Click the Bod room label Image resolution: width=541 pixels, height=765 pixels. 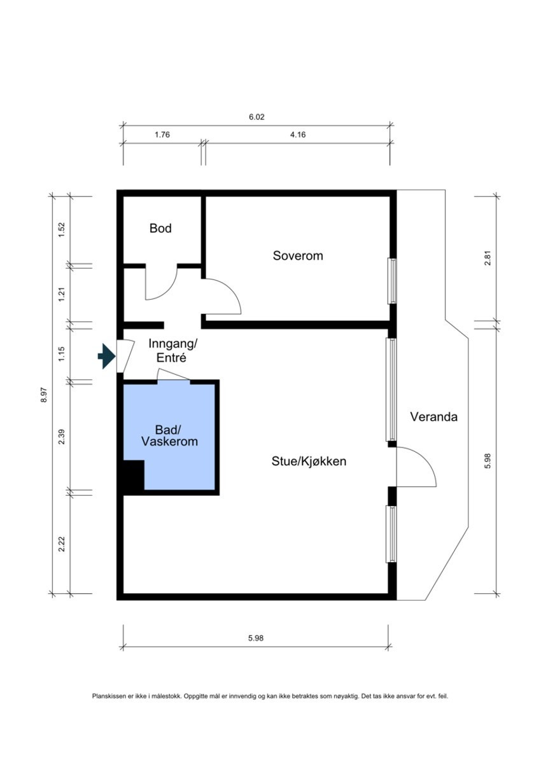[x=160, y=228]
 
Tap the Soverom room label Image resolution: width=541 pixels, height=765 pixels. [x=298, y=255]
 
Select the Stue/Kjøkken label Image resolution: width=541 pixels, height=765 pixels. [x=309, y=461]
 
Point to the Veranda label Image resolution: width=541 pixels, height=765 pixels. [x=434, y=417]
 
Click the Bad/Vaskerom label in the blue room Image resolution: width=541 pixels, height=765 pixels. [x=170, y=435]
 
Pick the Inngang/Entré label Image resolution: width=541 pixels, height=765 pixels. [x=172, y=351]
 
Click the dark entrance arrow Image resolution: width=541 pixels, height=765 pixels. [x=106, y=356]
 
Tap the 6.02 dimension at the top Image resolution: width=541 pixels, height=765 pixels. [x=256, y=117]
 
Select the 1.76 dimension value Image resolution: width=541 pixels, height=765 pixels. [x=162, y=134]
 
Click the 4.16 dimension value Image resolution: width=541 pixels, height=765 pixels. [x=298, y=134]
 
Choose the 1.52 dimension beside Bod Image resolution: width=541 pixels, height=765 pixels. [x=62, y=230]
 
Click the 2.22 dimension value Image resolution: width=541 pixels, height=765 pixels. [x=62, y=544]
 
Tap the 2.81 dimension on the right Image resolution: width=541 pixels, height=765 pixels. [x=488, y=258]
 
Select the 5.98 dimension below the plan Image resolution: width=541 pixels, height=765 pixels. [x=256, y=638]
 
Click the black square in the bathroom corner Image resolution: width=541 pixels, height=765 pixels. [x=134, y=477]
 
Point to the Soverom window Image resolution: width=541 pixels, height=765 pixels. [x=392, y=281]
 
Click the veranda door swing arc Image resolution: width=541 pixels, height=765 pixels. [x=427, y=460]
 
